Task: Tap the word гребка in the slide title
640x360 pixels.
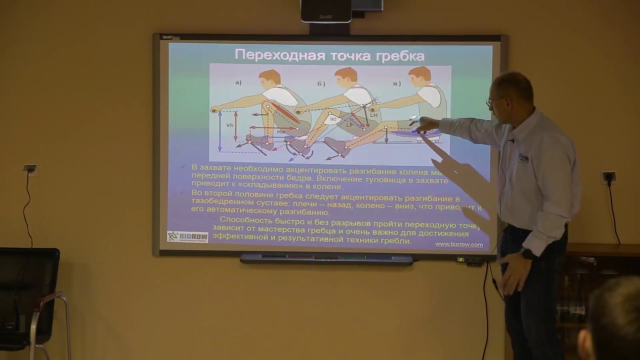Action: click(x=400, y=54)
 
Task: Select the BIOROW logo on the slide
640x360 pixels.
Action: click(x=187, y=236)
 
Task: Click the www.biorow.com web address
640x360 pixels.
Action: click(x=458, y=244)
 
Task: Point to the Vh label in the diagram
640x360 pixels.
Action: click(x=229, y=125)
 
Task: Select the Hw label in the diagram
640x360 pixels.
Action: click(x=280, y=131)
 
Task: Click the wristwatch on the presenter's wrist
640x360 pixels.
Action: click(x=526, y=253)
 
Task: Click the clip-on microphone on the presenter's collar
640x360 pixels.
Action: click(x=511, y=141)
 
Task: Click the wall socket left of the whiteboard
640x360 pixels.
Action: click(x=30, y=168)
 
